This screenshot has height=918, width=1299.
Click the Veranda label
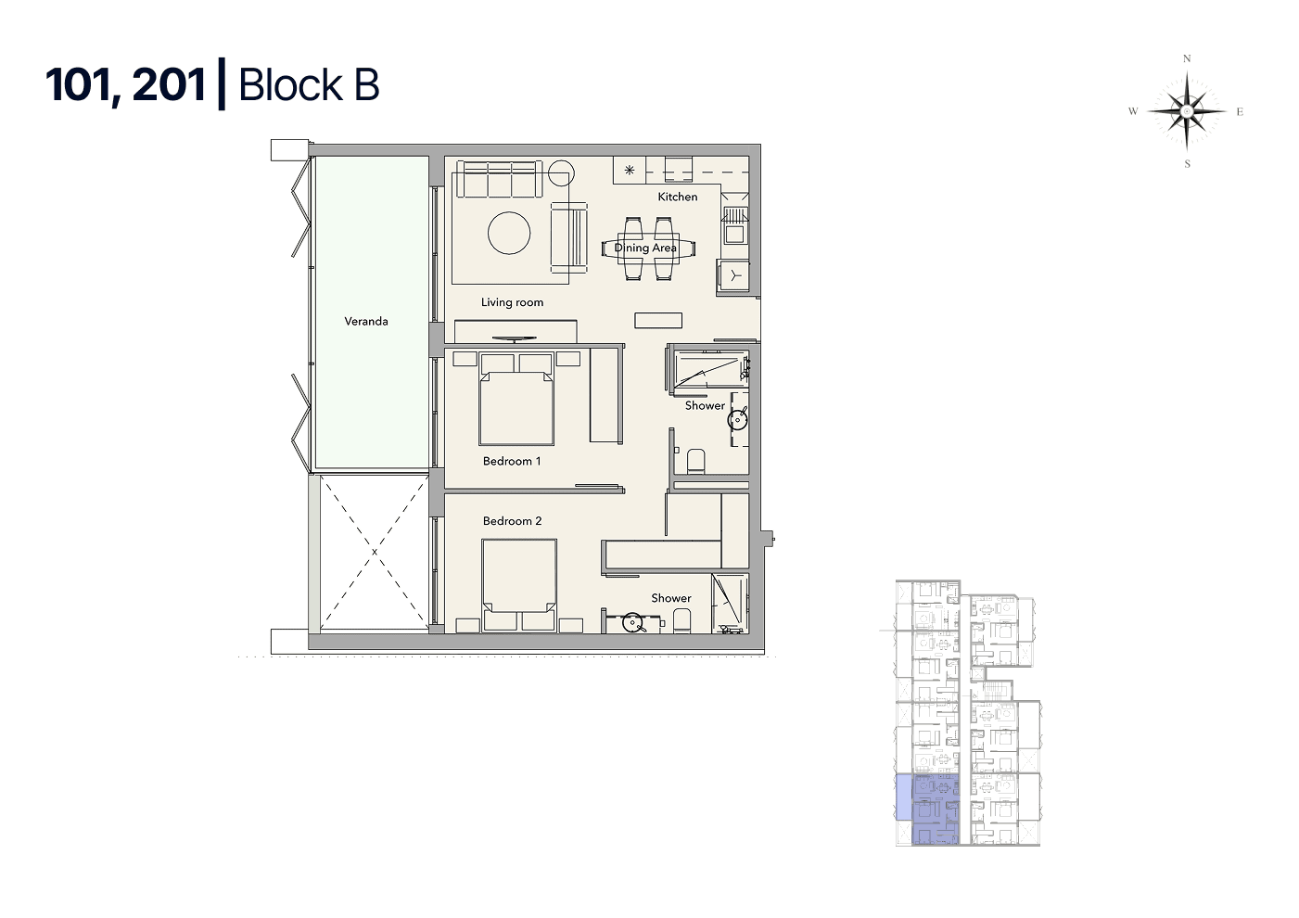[366, 321]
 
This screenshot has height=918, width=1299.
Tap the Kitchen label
[678, 197]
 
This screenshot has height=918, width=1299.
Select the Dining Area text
[644, 248]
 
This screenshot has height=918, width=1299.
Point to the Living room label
[512, 302]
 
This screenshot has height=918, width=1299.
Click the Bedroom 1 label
[512, 461]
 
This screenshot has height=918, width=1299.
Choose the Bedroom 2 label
[512, 521]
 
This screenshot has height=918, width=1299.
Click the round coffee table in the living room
[509, 233]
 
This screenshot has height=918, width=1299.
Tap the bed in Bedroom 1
[516, 399]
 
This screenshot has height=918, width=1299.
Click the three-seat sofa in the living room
[500, 179]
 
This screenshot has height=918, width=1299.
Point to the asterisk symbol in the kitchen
[630, 171]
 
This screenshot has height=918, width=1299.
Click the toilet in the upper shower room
[696, 462]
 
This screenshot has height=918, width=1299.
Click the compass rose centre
[1187, 111]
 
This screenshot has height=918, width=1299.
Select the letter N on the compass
[1187, 58]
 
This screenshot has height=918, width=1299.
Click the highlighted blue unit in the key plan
[935, 809]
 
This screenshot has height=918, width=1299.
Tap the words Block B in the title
[309, 84]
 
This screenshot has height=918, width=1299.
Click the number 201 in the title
[169, 84]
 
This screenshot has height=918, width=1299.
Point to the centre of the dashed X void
[375, 552]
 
